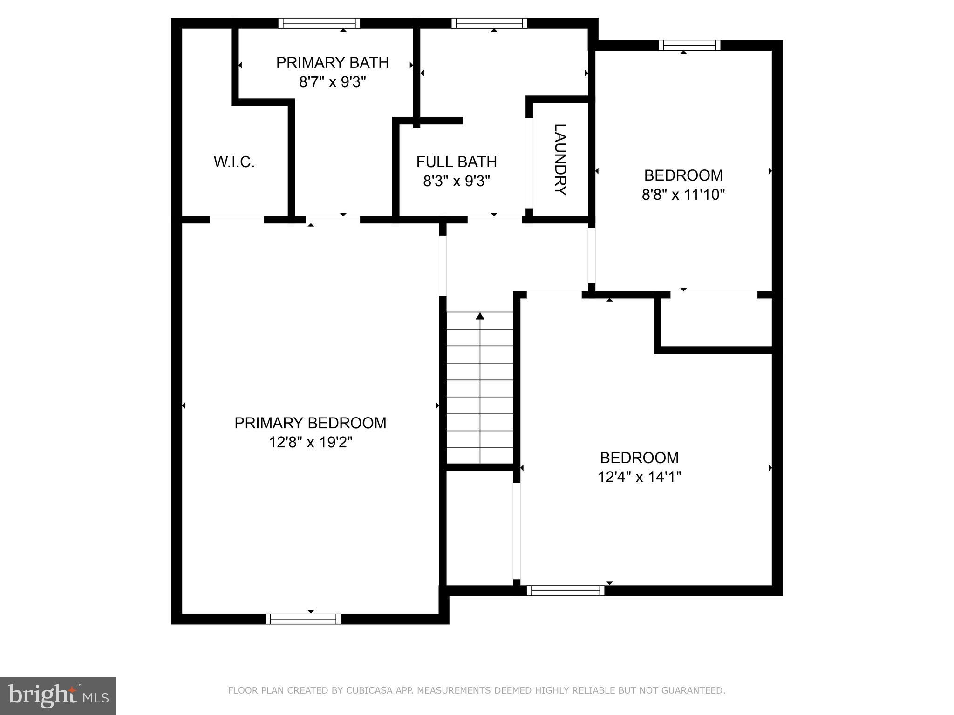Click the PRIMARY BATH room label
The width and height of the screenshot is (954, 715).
pos(332,62)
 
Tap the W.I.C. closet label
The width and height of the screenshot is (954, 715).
pos(234,162)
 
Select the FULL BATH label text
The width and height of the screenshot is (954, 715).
pos(456,162)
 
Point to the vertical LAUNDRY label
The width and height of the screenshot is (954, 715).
pos(560,160)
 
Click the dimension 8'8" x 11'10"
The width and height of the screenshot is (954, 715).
pos(683,195)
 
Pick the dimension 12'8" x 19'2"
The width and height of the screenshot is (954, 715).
pos(310,442)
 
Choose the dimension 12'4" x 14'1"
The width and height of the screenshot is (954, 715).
pos(639,477)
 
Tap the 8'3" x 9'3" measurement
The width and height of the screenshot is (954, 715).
pos(456,181)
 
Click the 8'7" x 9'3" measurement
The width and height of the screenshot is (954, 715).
pos(332,82)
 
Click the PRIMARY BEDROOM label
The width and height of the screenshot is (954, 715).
pos(310,423)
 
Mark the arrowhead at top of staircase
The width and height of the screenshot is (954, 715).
pos(480,317)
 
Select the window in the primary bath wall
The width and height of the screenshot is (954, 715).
pos(319,23)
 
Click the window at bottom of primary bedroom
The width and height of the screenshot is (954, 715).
pos(303,619)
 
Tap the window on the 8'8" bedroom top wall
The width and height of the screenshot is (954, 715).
pos(689,45)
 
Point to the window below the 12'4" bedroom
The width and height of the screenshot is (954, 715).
pos(566,591)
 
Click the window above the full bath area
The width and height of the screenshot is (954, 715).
pos(489,23)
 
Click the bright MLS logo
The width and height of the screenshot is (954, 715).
pos(58,695)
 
